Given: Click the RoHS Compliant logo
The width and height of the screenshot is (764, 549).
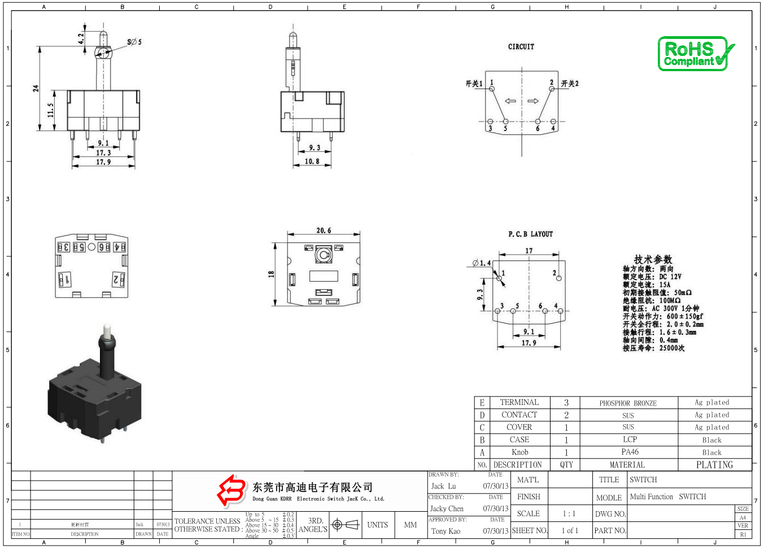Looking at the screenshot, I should point(696,54).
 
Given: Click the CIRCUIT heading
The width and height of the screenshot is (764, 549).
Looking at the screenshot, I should point(521,47).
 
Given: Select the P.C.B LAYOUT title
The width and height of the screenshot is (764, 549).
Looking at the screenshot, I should point(530,234).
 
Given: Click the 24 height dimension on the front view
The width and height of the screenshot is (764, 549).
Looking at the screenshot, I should point(36,89).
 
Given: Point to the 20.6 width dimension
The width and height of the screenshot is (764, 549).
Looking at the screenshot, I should point(324,230).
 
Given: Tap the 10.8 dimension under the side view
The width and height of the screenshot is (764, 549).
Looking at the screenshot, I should point(312,162).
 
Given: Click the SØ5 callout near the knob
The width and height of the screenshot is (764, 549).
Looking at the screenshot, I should point(134,42).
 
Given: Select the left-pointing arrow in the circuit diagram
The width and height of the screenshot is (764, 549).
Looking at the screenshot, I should point(510,101).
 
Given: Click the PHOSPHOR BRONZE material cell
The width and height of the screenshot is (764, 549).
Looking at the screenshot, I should point(628,403).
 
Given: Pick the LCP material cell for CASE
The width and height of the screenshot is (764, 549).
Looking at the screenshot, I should point(630,439).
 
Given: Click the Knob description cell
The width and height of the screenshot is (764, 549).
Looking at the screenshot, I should point(519,452).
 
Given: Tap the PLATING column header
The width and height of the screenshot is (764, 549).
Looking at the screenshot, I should point(714,465).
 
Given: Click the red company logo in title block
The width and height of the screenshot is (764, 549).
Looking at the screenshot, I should point(232,490).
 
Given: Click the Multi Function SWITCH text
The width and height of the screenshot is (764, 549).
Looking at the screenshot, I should point(667,497).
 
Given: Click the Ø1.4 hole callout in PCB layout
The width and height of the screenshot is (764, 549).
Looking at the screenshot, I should point(482,263).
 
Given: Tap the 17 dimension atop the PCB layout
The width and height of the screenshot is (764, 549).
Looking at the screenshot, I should point(529,251).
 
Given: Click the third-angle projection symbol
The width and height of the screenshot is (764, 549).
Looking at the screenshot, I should point(345,525).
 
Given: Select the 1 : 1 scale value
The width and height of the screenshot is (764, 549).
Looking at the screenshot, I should point(569,514).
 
